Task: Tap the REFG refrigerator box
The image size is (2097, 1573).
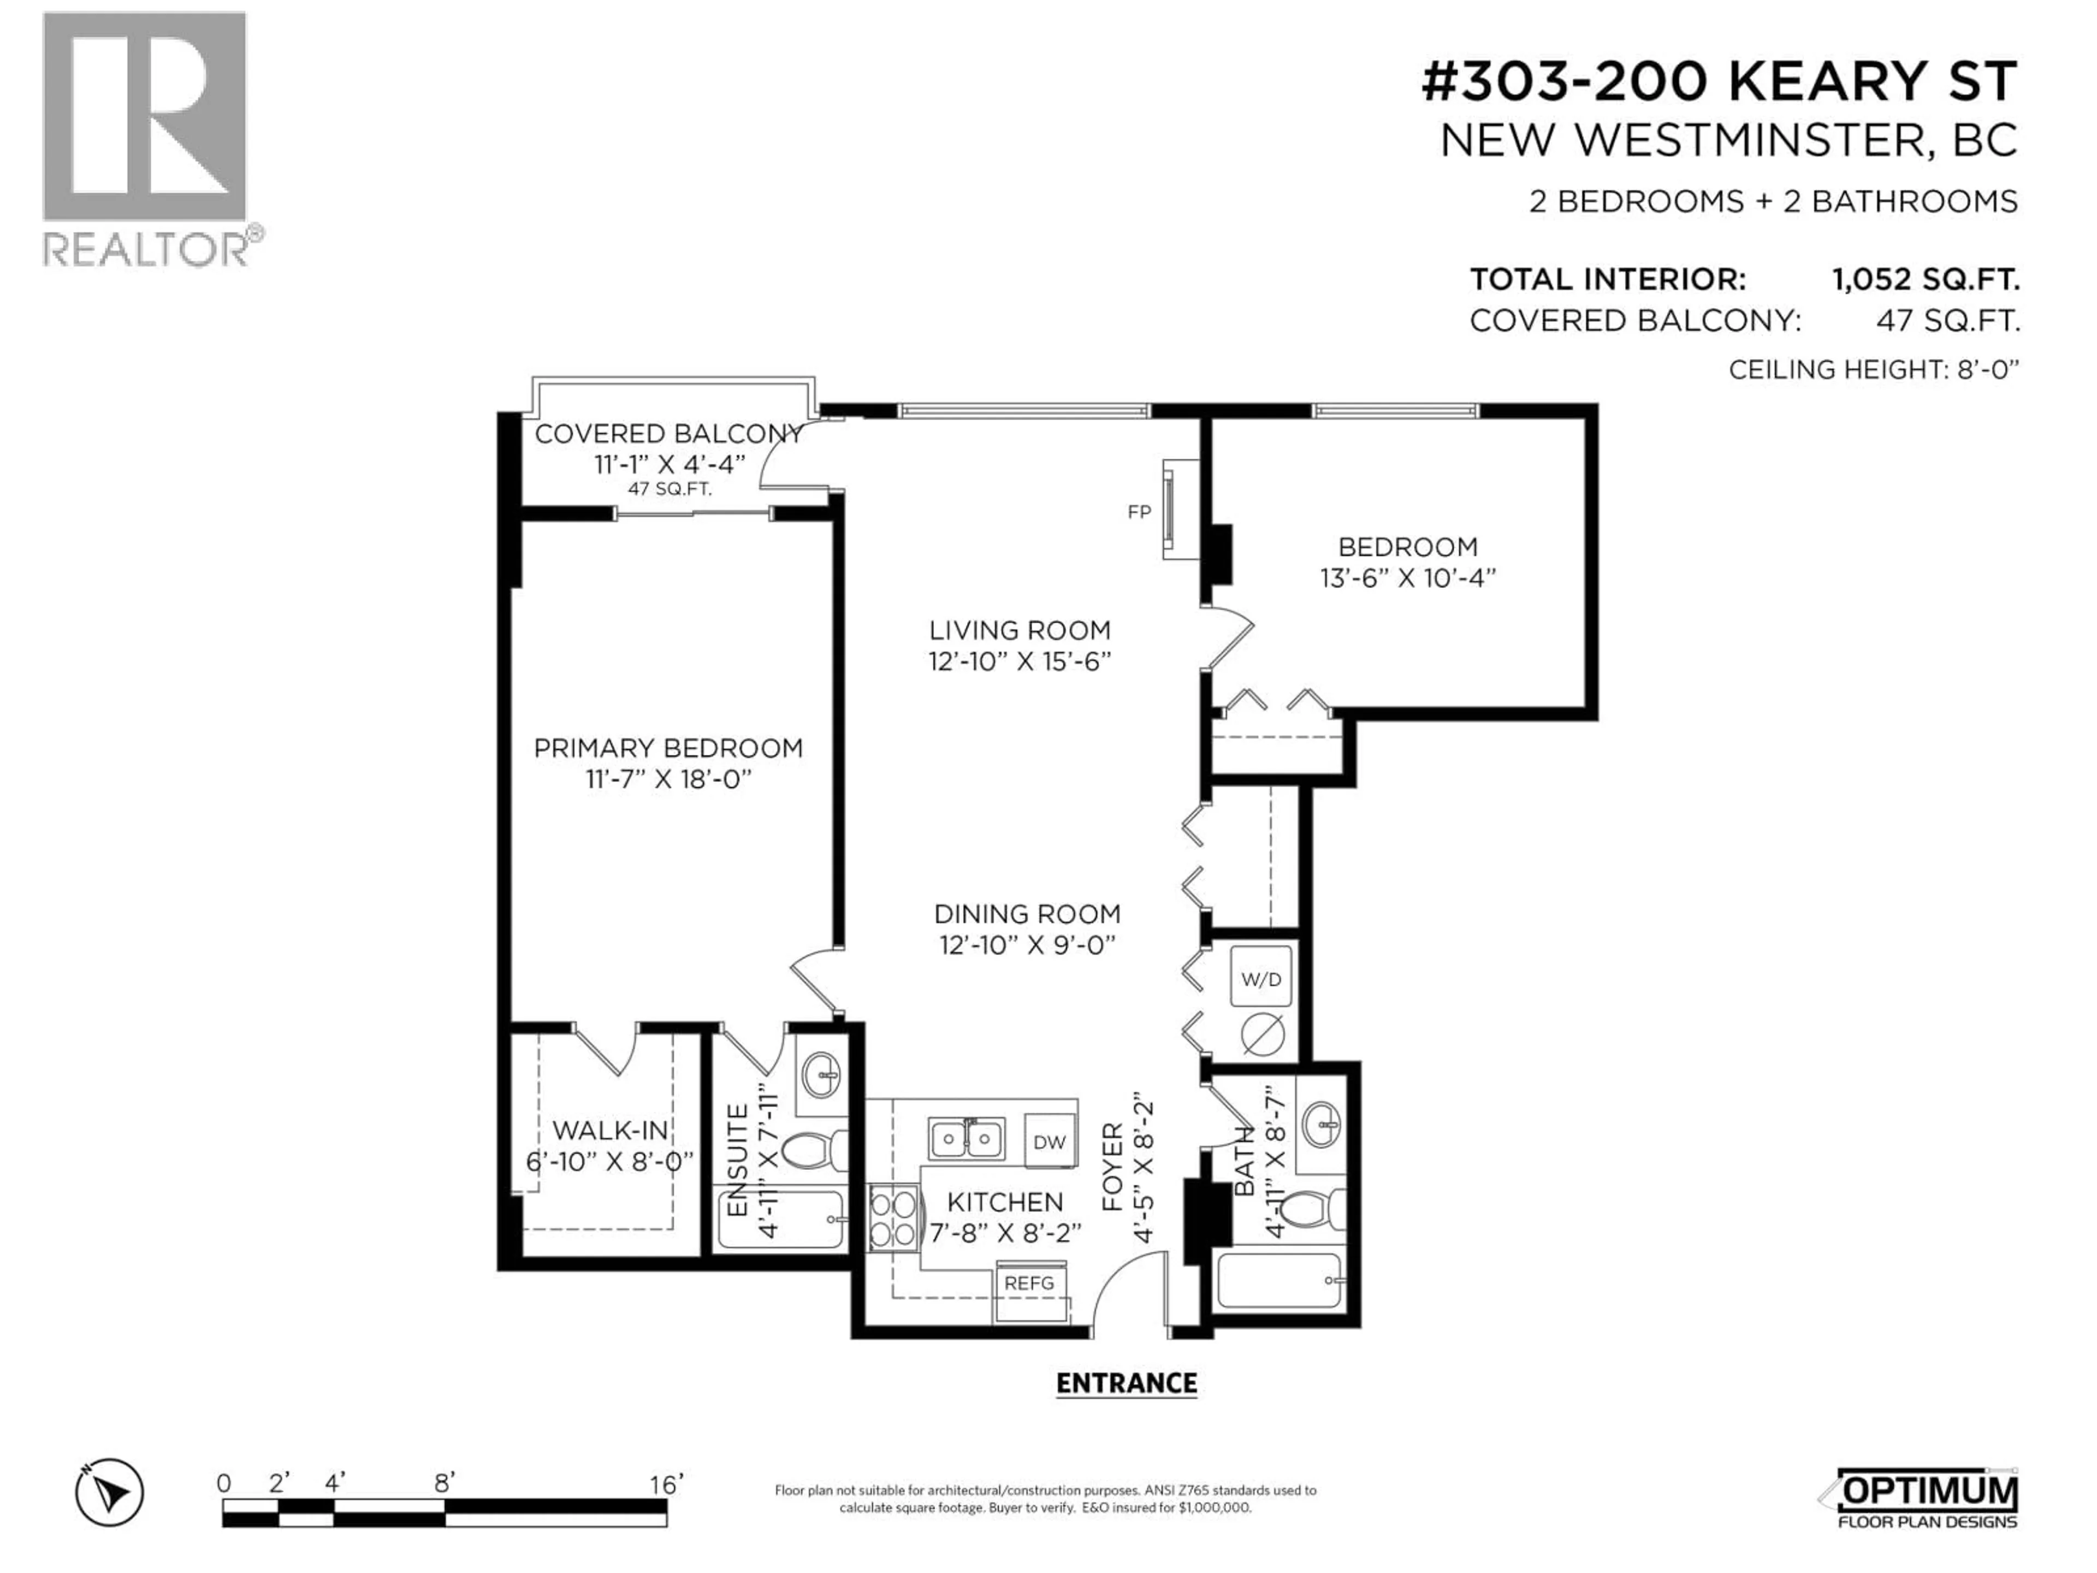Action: pos(1029,1283)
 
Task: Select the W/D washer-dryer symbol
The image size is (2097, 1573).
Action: pos(1261,979)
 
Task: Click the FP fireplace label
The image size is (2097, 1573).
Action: pos(1139,512)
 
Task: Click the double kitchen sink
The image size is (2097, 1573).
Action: pos(966,1138)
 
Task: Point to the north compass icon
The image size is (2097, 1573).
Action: pos(110,1492)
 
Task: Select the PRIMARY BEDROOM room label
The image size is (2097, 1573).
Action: pos(667,748)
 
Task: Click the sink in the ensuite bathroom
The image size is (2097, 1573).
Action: pos(821,1074)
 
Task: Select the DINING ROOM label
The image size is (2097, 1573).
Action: pos(1027,914)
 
